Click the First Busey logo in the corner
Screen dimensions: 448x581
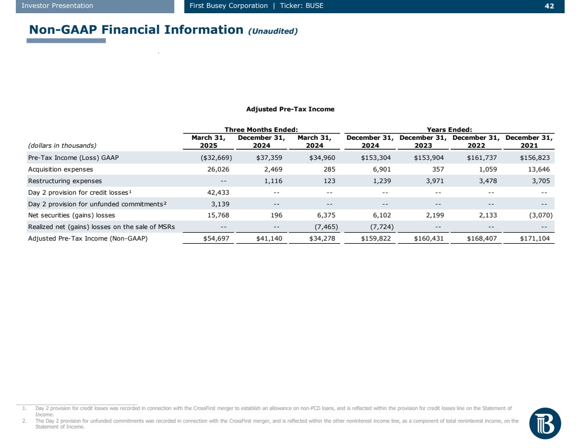pyautogui.click(x=545, y=423)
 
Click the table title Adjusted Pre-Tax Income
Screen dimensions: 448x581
pyautogui.click(x=290, y=109)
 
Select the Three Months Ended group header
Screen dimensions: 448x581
pyautogui.click(x=261, y=129)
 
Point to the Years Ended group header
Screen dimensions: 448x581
pyautogui.click(x=449, y=129)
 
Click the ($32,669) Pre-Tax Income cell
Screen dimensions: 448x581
pyautogui.click(x=214, y=158)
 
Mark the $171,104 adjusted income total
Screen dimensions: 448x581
pyautogui.click(x=535, y=239)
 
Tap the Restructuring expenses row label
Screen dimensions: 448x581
pyautogui.click(x=64, y=181)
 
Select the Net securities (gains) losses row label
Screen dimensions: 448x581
pyautogui.click(x=71, y=215)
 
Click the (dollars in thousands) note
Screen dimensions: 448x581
pyautogui.click(x=62, y=145)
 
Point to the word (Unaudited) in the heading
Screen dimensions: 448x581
pyautogui.click(x=273, y=31)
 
